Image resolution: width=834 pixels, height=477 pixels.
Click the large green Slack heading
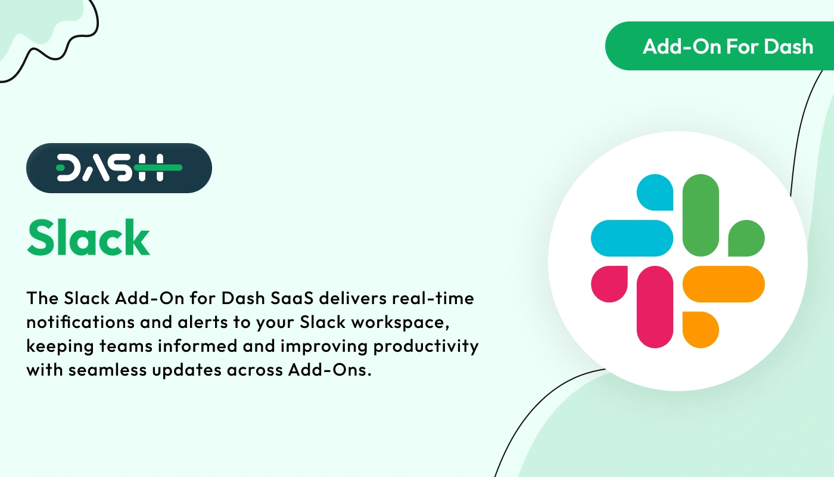click(x=88, y=237)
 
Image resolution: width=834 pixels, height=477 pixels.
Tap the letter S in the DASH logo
click(x=121, y=168)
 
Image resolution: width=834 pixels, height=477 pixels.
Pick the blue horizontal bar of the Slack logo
click(x=632, y=238)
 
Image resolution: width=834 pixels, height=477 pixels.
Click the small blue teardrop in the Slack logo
click(x=656, y=192)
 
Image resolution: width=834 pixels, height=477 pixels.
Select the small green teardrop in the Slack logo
click(x=746, y=238)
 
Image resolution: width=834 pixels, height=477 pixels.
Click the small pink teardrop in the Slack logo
click(x=609, y=284)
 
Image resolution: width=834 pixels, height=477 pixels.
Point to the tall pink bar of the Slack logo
click(x=655, y=306)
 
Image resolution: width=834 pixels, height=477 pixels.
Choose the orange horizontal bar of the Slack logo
click(x=723, y=284)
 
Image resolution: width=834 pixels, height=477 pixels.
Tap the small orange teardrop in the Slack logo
click(x=701, y=329)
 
